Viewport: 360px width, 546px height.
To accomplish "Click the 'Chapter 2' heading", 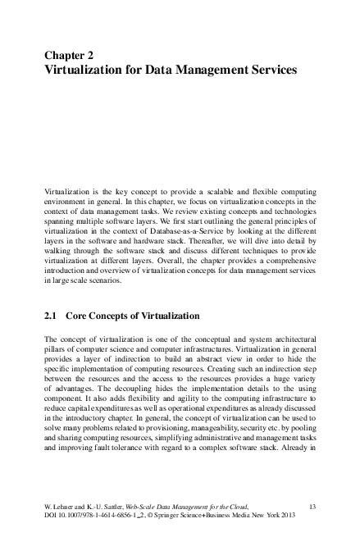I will coord(69,56).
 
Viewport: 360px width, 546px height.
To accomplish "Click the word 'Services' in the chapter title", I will coord(268,71).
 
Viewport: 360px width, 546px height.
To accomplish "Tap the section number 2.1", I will coord(51,316).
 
